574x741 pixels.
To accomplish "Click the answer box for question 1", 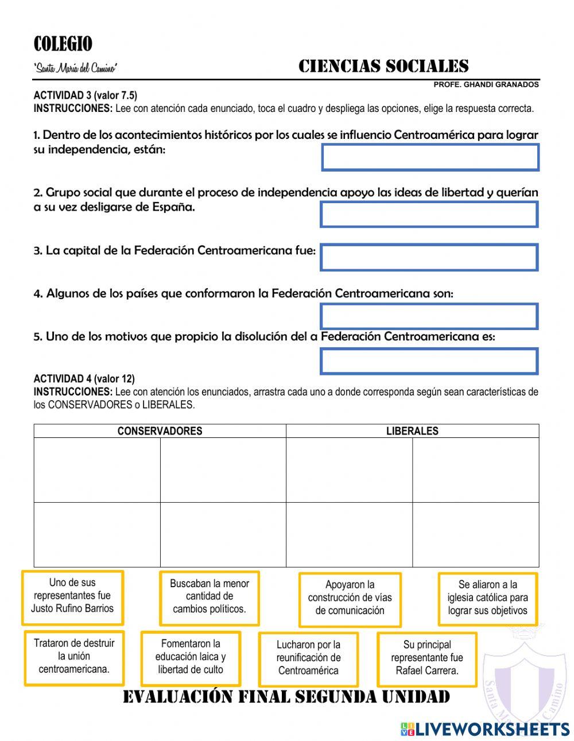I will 430,157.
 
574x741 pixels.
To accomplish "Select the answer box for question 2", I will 429,214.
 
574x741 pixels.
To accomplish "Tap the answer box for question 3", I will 429,257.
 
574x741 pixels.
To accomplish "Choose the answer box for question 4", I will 429,316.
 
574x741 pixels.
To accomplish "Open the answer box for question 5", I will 429,362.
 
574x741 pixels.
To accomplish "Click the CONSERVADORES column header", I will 160,431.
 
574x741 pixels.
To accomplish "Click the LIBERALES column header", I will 412,431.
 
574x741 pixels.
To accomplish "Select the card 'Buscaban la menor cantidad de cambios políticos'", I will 210,598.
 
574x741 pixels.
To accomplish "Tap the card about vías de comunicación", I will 350,599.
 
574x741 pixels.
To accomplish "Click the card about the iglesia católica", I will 487,599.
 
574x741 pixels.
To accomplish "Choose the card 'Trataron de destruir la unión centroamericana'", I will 74,657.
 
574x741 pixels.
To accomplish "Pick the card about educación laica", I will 191,658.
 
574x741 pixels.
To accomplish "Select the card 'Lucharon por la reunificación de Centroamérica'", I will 308,659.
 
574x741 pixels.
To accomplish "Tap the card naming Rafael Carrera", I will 427,659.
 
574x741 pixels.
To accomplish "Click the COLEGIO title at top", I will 63,44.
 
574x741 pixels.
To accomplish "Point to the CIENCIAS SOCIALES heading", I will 383,67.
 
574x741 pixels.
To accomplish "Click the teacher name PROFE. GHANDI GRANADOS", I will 486,84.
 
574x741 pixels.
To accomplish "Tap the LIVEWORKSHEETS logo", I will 485,729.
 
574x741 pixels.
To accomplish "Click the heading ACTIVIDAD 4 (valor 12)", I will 84,379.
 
